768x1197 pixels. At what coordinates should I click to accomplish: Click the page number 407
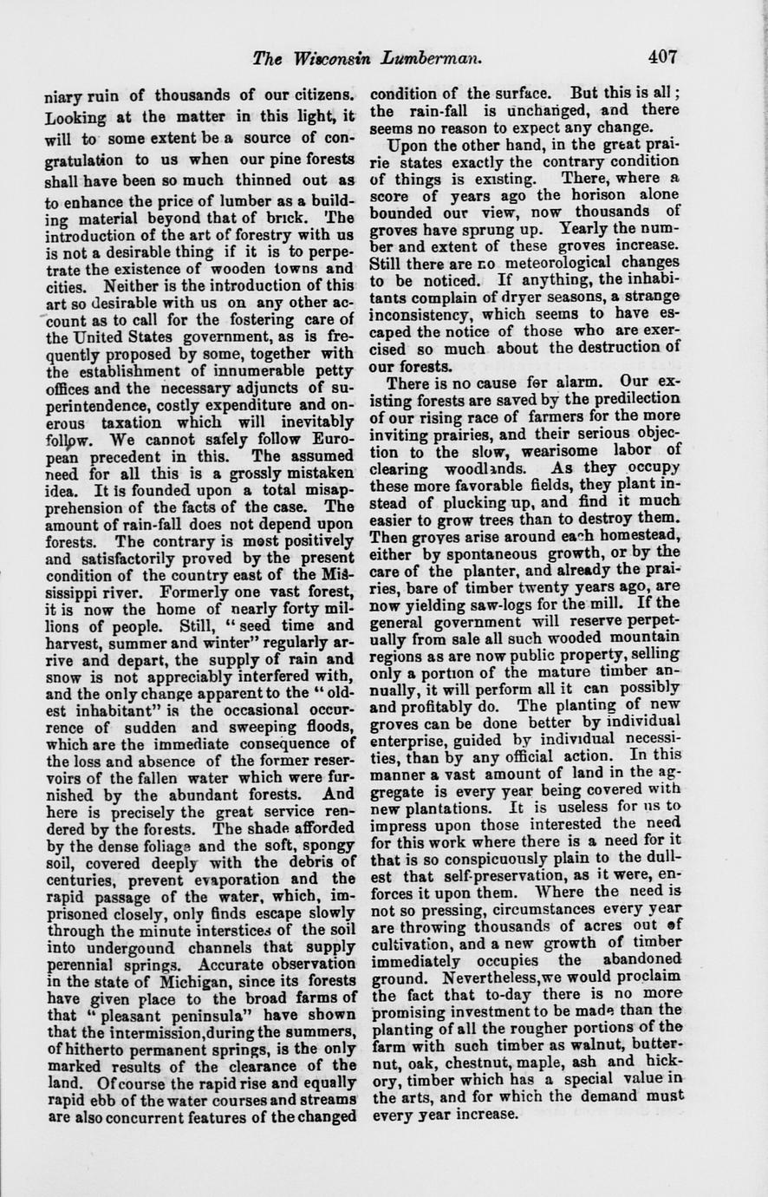click(661, 59)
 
